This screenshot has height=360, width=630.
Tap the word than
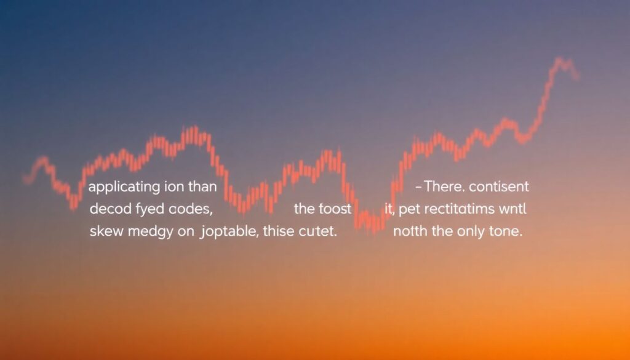pyautogui.click(x=204, y=186)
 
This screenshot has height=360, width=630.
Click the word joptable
pyautogui.click(x=227, y=233)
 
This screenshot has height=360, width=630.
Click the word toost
pyautogui.click(x=335, y=209)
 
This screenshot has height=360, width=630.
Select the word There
pyautogui.click(x=442, y=186)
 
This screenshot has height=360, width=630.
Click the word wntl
pyautogui.click(x=514, y=209)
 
